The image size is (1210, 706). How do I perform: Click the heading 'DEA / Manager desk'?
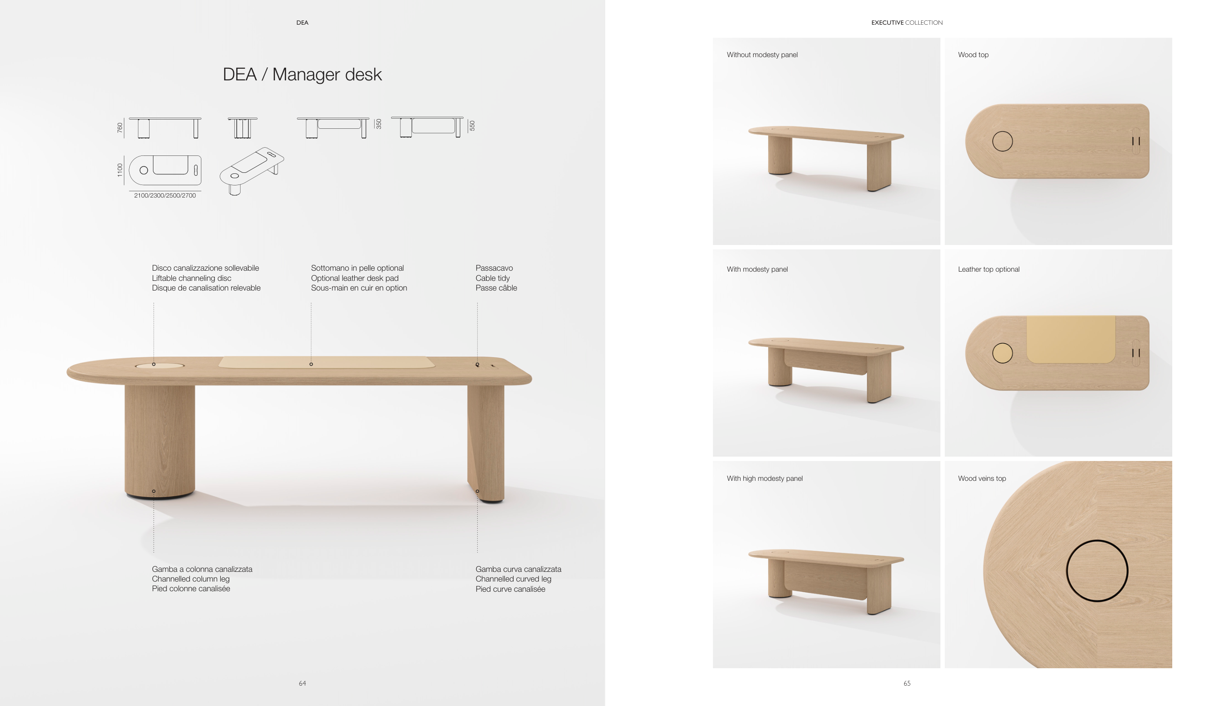pyautogui.click(x=302, y=75)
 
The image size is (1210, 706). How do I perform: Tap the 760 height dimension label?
pyautogui.click(x=120, y=128)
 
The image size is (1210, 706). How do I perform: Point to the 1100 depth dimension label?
pyautogui.click(x=120, y=170)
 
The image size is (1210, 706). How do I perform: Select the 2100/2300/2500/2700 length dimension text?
pyautogui.click(x=165, y=196)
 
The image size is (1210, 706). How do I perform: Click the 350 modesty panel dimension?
pyautogui.click(x=379, y=124)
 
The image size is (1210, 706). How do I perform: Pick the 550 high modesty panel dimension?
pyautogui.click(x=472, y=125)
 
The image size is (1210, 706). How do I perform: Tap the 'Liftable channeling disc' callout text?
pyautogui.click(x=192, y=278)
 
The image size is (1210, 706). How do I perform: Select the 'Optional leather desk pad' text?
pyautogui.click(x=355, y=278)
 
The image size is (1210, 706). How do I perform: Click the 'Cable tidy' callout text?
pyautogui.click(x=493, y=278)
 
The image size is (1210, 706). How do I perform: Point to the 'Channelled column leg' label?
pyautogui.click(x=191, y=579)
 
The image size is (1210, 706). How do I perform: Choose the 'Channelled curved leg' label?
pyautogui.click(x=514, y=579)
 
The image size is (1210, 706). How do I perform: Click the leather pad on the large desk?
pyautogui.click(x=327, y=362)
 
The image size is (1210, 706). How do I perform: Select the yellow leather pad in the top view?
pyautogui.click(x=1071, y=339)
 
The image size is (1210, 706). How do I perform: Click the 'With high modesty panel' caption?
pyautogui.click(x=765, y=478)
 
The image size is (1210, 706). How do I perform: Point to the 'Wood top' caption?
pyautogui.click(x=973, y=55)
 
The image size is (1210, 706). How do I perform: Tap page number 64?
pyautogui.click(x=302, y=683)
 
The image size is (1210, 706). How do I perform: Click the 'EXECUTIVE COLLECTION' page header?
pyautogui.click(x=907, y=23)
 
